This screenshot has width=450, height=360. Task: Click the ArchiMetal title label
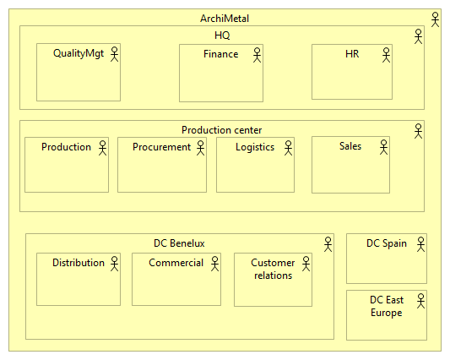point(225,19)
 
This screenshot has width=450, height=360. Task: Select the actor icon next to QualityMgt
point(113,54)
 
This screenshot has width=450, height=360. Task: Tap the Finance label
point(220,54)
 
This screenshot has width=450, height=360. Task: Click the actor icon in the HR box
point(386,54)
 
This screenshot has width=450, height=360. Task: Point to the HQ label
point(222,35)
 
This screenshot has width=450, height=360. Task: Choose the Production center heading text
point(221,130)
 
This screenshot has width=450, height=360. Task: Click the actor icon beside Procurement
point(201,148)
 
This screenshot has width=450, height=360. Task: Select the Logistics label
point(255,147)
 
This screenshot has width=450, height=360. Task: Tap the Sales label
point(350,146)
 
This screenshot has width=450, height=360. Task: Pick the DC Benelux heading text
point(179,243)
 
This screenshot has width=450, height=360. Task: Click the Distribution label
point(79,263)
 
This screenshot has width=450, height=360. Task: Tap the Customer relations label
point(273,269)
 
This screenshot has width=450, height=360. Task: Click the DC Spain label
point(386,243)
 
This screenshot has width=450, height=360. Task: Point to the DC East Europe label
point(386,306)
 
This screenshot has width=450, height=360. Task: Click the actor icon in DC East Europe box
point(420,301)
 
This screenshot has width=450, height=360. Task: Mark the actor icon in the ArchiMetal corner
point(435,19)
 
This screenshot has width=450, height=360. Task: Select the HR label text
point(352,54)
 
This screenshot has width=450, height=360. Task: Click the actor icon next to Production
point(102,148)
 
